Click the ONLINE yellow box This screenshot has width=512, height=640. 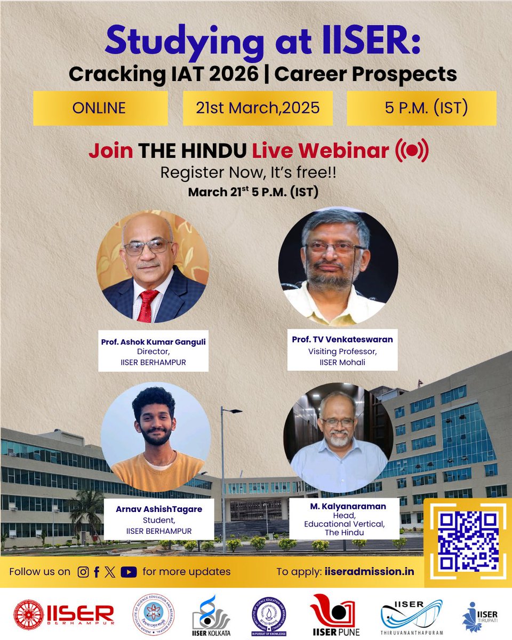click(100, 108)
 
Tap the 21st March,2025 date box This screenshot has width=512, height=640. click(258, 108)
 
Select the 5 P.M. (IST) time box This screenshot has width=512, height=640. click(421, 108)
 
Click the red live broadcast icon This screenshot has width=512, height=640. click(411, 151)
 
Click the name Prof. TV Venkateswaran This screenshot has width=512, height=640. click(342, 340)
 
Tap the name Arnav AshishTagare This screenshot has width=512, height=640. click(159, 509)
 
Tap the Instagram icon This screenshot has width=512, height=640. click(83, 572)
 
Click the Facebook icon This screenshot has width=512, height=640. click(97, 572)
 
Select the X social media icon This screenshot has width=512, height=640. click(110, 572)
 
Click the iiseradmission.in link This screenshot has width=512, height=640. click(369, 572)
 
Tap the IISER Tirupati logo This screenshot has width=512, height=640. click(480, 617)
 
